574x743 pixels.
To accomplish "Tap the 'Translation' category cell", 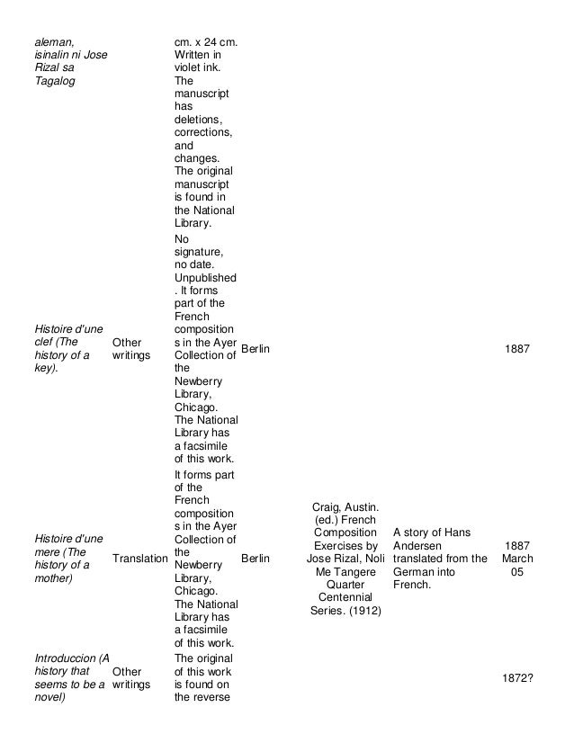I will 139,559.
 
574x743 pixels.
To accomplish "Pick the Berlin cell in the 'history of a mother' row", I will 256,559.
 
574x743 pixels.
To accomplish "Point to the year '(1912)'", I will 362,612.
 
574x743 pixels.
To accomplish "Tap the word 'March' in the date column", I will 517,559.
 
